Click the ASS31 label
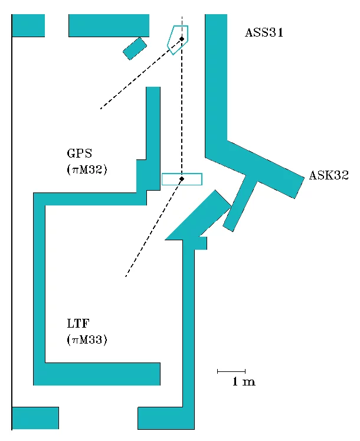[264, 33]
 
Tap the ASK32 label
[329, 175]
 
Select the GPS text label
[79, 154]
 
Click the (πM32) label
[87, 170]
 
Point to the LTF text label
[78, 324]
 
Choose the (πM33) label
[87, 339]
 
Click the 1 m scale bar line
[231, 371]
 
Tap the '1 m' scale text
[243, 383]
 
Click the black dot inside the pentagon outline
[182, 39]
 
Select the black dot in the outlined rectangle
[182, 178]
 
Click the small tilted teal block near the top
[135, 48]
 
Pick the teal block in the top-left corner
[28, 25]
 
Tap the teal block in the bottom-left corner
[35, 418]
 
